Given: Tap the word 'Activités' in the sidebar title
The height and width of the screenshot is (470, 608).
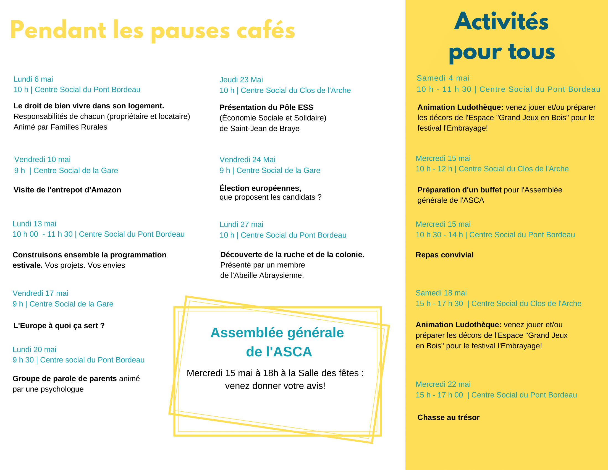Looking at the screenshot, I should pos(501,22).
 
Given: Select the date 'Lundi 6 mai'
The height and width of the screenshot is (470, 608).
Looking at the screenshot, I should pos(33,79).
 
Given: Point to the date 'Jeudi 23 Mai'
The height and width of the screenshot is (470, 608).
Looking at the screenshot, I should pos(241,80).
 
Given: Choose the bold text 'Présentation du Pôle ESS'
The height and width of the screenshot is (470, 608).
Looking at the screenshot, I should pos(266,108).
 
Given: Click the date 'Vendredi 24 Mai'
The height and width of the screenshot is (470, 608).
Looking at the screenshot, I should pos(247,160).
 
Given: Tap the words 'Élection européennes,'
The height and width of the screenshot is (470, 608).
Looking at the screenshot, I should pos(260,188).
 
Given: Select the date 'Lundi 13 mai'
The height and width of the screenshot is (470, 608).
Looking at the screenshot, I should pos(35,224).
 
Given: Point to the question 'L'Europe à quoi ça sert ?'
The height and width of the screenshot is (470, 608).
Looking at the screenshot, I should pos(59,326).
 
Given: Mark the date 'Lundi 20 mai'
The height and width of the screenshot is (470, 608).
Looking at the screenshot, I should pos(35,350).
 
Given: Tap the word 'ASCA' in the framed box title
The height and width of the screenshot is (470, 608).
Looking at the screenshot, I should pos(293,352).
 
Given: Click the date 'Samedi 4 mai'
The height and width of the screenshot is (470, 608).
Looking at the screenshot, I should pos(443,78).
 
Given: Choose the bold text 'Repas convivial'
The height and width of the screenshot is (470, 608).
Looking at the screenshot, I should pos(444,255).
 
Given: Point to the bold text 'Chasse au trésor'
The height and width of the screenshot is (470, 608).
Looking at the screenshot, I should pos(449,418).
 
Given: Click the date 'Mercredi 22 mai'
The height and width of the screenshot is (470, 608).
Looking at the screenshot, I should pos(443,385).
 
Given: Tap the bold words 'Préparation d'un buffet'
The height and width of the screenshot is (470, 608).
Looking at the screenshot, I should pos(459,190).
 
